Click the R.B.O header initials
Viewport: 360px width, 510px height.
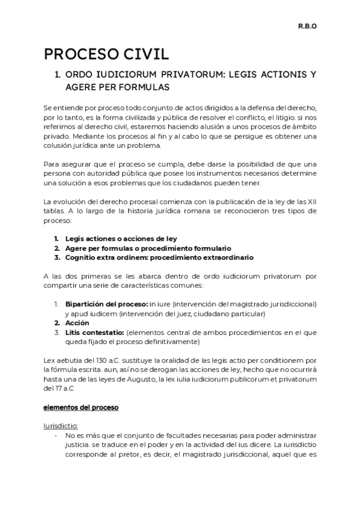coord(308,26)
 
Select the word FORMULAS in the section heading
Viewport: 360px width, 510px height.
coord(144,88)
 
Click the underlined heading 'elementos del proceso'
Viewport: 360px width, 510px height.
coord(81,408)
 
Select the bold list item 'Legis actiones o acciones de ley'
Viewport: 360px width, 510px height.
coord(121,238)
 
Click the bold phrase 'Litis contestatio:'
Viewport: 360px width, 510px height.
coord(94,333)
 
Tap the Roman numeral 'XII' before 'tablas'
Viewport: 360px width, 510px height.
coord(310,200)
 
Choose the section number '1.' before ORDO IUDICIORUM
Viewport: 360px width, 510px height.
coord(58,75)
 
